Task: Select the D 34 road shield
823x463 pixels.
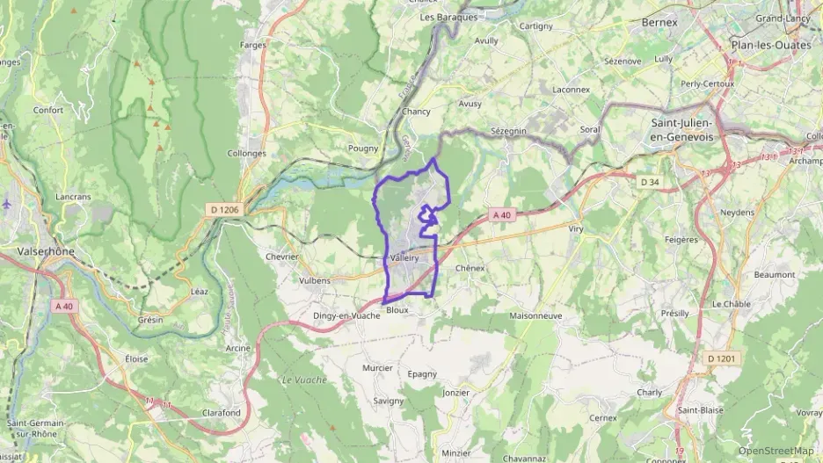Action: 650,182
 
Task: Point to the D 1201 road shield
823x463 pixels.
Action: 719,358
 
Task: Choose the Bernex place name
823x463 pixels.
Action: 660,21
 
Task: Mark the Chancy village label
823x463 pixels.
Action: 416,112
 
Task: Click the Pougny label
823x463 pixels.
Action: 363,148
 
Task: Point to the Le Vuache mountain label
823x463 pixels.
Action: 303,380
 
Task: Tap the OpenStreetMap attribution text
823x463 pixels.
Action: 776,451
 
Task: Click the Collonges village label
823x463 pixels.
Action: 247,153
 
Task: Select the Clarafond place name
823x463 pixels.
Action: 221,412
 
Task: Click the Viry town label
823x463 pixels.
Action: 577,228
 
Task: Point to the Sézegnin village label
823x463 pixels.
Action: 507,130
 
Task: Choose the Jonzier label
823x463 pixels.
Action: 456,392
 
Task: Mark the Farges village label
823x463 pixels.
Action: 251,44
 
